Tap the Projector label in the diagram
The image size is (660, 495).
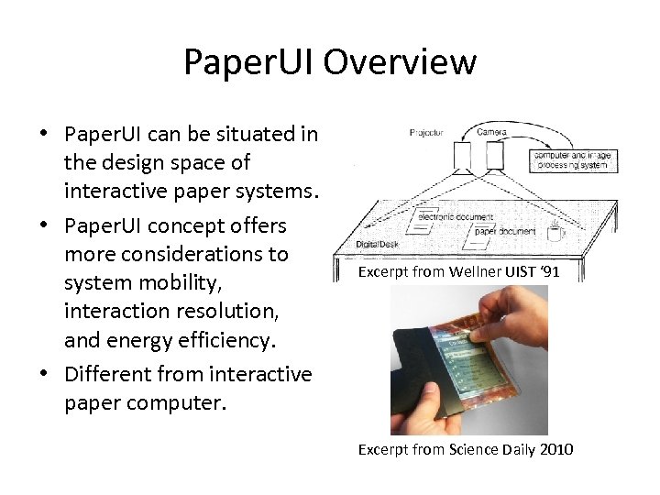pyautogui.click(x=426, y=133)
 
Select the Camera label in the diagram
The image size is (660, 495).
pyautogui.click(x=491, y=132)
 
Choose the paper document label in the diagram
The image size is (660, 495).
pyautogui.click(x=503, y=231)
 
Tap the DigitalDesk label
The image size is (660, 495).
pyautogui.click(x=375, y=244)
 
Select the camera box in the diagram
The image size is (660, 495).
pyautogui.click(x=494, y=158)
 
